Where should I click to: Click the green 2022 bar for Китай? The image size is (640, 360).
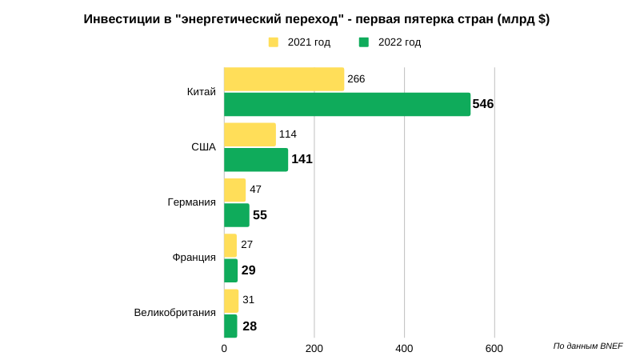click(x=347, y=104)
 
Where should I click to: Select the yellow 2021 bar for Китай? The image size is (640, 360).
click(x=284, y=79)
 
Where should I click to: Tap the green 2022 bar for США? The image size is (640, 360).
click(x=256, y=159)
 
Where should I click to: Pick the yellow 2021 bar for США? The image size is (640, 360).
click(x=250, y=134)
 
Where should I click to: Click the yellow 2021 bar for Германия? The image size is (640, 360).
click(x=235, y=190)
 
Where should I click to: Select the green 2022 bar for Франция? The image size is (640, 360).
click(x=230, y=270)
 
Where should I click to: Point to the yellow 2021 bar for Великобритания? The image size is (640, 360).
click(x=231, y=300)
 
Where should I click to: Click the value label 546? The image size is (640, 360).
click(x=483, y=104)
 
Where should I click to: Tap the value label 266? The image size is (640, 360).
click(x=357, y=78)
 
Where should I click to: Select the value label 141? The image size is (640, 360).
click(x=302, y=159)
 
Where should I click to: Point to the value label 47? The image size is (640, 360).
click(x=255, y=190)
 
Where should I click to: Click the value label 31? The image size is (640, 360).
click(x=248, y=300)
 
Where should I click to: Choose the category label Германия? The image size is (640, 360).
click(x=191, y=202)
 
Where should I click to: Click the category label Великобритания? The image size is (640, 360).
click(x=174, y=313)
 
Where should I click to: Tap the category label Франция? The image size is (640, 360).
click(x=194, y=258)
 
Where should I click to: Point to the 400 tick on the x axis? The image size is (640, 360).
click(x=404, y=349)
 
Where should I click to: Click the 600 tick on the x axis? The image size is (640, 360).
click(x=494, y=349)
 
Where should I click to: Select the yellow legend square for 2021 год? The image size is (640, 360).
click(x=274, y=42)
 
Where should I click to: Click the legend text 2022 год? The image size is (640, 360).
click(x=399, y=42)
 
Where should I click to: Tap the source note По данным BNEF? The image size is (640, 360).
click(x=587, y=346)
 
